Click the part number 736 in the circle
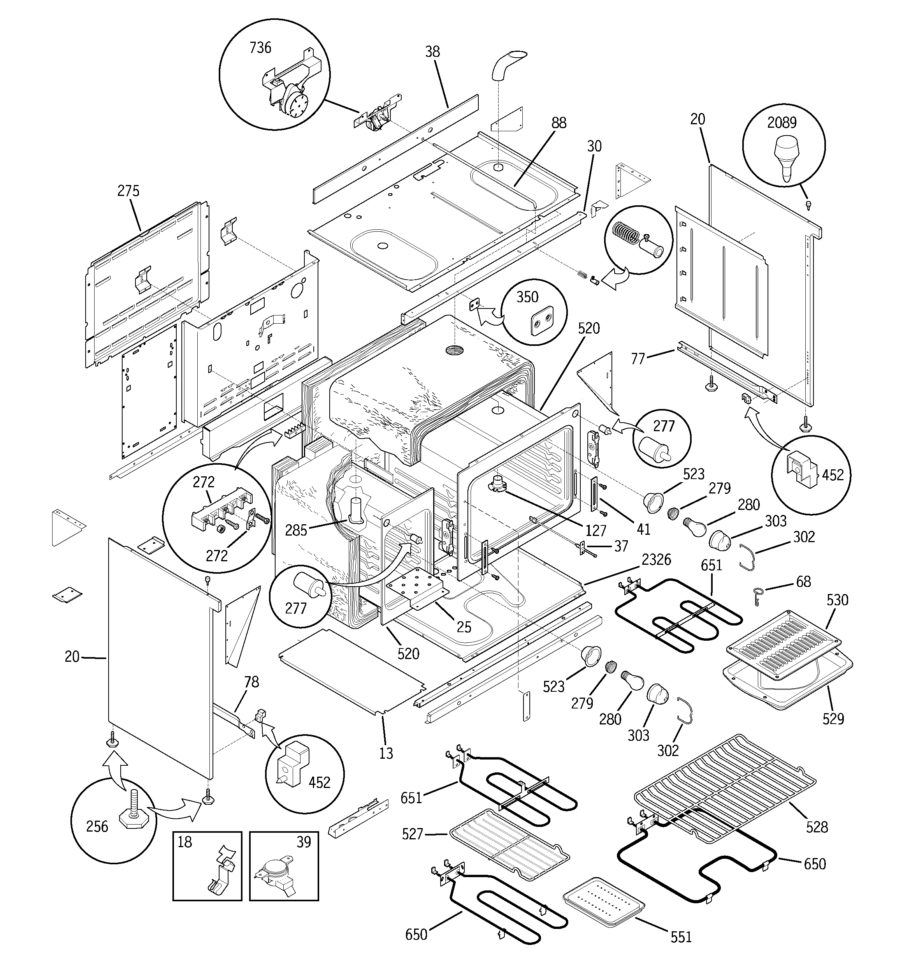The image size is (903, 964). pos(260,48)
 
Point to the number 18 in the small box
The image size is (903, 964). pos(184,842)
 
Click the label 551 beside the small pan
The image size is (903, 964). pos(681,938)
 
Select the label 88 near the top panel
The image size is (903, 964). pos(559,123)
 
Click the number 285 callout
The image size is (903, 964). pos(296,530)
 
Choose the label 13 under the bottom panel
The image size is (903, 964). pos(386,753)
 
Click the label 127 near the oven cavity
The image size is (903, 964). pos(596,530)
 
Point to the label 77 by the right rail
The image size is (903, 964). pos(638,358)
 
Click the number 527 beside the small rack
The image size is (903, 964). pos(413,834)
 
